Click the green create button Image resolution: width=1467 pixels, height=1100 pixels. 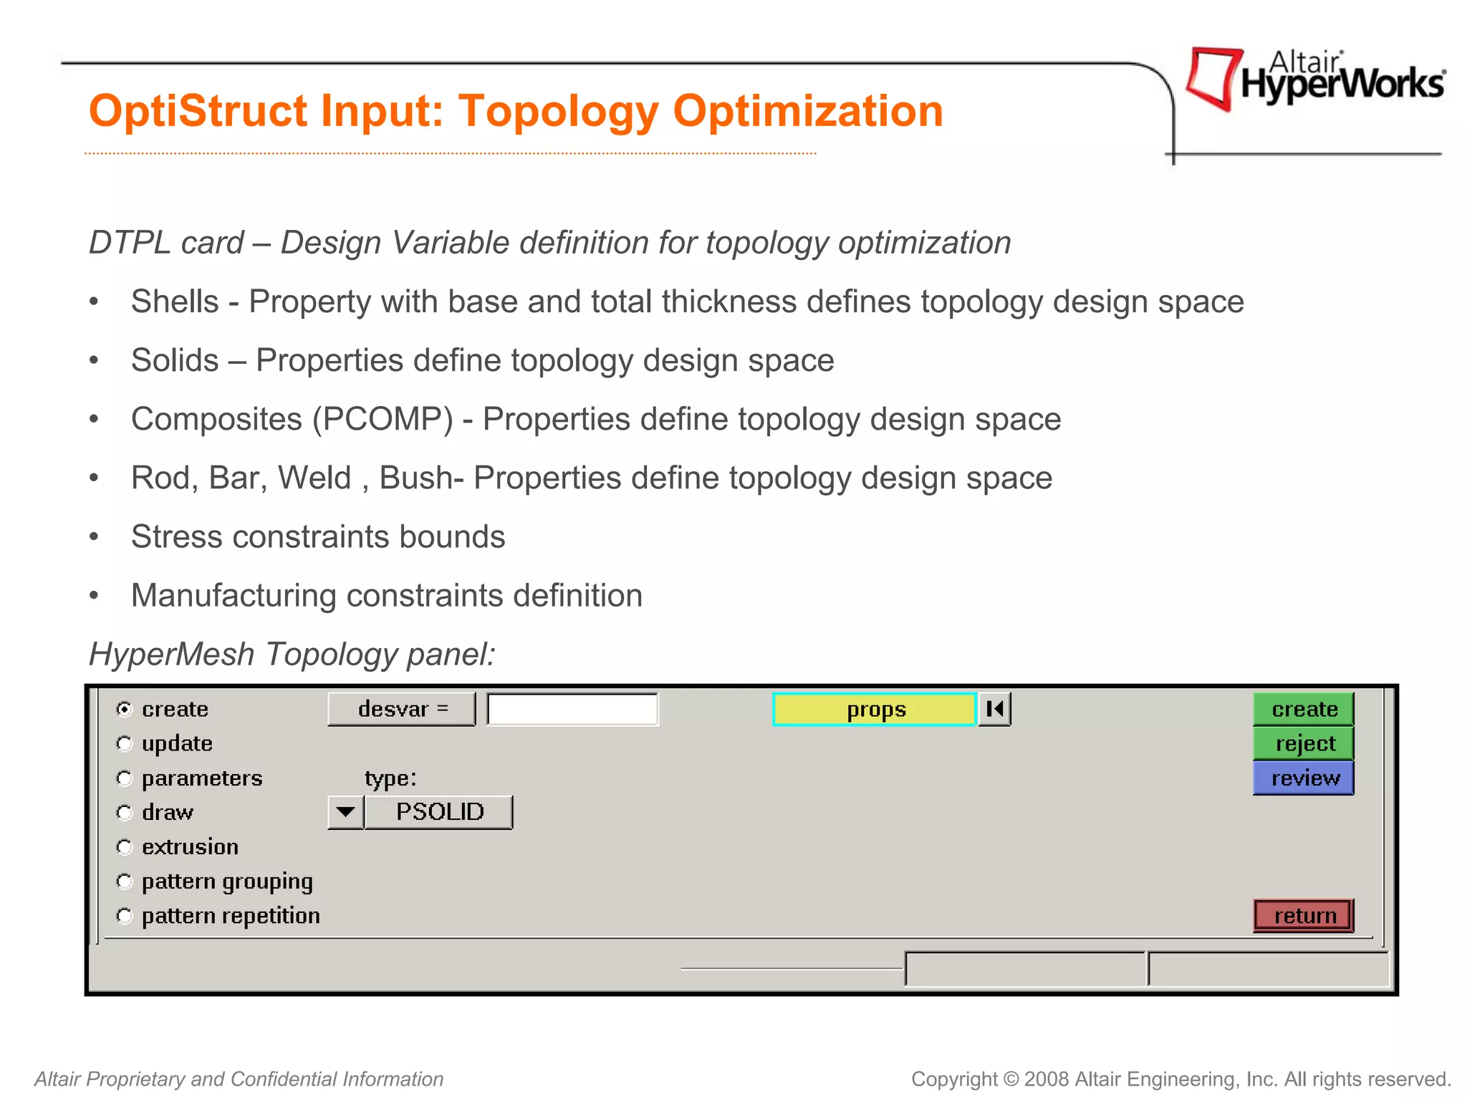pyautogui.click(x=1303, y=709)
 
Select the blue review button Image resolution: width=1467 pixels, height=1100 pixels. pyautogui.click(x=1303, y=778)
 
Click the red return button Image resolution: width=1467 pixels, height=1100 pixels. pyautogui.click(x=1303, y=915)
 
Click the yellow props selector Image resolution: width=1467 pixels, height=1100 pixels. pyautogui.click(x=875, y=710)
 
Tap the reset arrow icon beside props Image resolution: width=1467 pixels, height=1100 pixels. pyautogui.click(x=994, y=709)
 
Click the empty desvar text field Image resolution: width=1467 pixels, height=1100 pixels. pyautogui.click(x=572, y=709)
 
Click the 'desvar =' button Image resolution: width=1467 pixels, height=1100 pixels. pyautogui.click(x=402, y=709)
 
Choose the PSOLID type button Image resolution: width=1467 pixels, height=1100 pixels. pyautogui.click(x=439, y=812)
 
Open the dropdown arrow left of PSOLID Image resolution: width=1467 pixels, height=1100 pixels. pyautogui.click(x=345, y=812)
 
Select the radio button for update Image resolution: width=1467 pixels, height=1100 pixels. pyautogui.click(x=125, y=744)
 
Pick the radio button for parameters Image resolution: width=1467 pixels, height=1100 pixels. pyautogui.click(x=125, y=778)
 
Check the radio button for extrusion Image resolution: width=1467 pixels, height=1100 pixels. pyautogui.click(x=125, y=847)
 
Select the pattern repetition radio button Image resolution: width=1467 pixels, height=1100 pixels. pyautogui.click(x=125, y=916)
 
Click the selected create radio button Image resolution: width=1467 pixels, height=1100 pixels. pyautogui.click(x=125, y=709)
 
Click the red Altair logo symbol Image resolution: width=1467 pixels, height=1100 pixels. pyautogui.click(x=1212, y=77)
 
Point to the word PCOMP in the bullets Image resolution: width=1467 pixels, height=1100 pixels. pyautogui.click(x=383, y=419)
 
